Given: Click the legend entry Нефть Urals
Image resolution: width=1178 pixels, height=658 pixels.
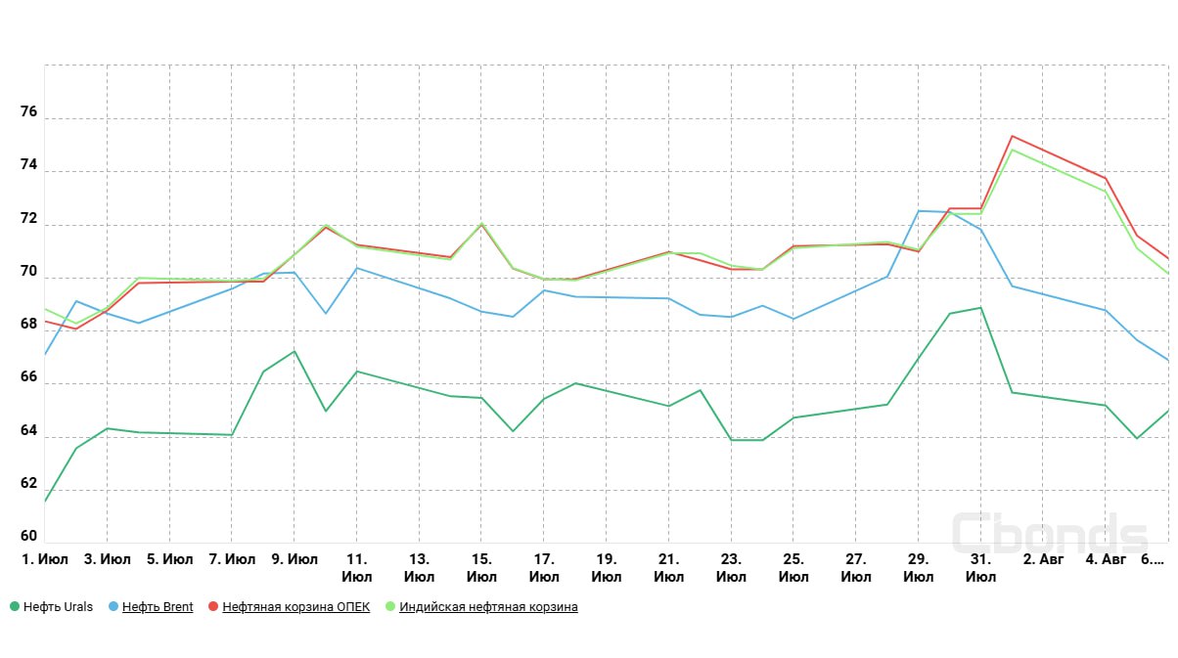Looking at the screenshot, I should [x=58, y=607].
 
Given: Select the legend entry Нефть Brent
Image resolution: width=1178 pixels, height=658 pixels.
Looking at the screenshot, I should [x=158, y=607].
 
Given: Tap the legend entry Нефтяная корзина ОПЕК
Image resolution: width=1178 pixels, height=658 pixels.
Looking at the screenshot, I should [x=295, y=607].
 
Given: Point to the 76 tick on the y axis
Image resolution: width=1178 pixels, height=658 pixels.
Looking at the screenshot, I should [x=27, y=112].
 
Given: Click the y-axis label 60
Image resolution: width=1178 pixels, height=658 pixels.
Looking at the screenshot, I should [x=27, y=536].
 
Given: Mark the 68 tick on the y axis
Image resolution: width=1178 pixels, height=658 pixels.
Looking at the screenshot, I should [x=27, y=325].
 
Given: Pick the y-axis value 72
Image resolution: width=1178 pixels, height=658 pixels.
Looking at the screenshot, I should [x=27, y=218].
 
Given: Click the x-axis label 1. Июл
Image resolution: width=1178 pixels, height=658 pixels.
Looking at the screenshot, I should [x=45, y=559].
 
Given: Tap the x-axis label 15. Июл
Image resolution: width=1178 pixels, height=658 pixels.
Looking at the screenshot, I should [x=481, y=568].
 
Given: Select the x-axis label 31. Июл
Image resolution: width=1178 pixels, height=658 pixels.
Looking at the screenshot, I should [x=980, y=568].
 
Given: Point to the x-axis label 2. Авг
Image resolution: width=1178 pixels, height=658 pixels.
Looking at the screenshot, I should [x=1043, y=559].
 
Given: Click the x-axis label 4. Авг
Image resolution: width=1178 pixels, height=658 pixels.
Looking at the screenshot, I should [x=1106, y=559].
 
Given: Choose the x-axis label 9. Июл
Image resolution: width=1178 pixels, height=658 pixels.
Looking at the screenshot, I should [x=294, y=559].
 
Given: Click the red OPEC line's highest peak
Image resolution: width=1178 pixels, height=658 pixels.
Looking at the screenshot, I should [x=1012, y=136].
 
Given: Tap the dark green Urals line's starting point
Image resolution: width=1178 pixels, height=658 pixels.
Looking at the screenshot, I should [x=45, y=502].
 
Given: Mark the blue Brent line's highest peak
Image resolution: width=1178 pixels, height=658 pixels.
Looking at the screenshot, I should [x=919, y=211].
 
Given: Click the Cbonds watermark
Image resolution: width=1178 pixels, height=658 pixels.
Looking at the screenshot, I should [x=1050, y=535].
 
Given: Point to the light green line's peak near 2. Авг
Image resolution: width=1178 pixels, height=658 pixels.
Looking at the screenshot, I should [x=1012, y=150].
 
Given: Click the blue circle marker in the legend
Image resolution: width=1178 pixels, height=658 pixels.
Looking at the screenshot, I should [x=113, y=607].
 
